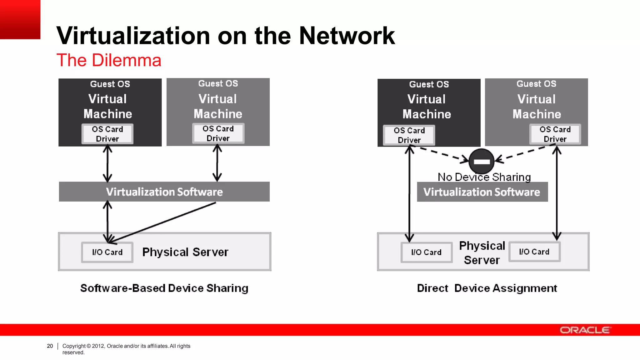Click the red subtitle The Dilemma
click(109, 60)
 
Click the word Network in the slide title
click(347, 36)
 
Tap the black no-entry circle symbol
click(482, 161)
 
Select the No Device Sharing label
click(484, 177)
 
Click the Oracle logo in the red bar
click(585, 330)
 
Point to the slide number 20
click(50, 346)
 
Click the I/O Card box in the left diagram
click(107, 252)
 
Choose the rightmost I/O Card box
click(534, 252)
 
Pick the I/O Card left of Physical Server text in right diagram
click(427, 252)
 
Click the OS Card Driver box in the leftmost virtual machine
click(107, 134)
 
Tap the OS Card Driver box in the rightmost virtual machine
click(555, 134)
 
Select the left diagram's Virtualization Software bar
click(164, 192)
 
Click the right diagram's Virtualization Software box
click(482, 192)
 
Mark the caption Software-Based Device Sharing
click(164, 288)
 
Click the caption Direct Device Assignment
click(487, 288)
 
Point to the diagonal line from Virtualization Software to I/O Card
click(162, 222)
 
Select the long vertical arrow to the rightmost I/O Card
click(557, 194)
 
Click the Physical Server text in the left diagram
click(185, 252)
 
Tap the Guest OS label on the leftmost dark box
click(110, 84)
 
